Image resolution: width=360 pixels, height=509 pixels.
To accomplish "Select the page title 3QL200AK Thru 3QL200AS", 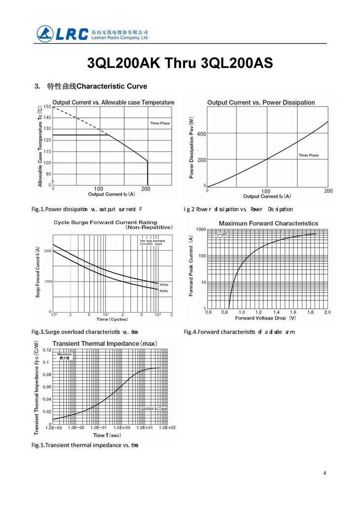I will pyautogui.click(x=180, y=64).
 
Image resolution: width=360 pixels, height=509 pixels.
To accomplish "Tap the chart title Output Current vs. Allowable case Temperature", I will pyautogui.click(x=113, y=103).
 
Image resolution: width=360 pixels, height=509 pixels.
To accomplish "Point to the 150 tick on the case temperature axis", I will pyautogui.click(x=47, y=107).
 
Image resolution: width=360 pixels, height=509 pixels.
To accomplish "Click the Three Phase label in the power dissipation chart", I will pyautogui.click(x=309, y=155).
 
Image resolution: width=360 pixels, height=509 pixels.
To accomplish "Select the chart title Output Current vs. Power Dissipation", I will pyautogui.click(x=261, y=103).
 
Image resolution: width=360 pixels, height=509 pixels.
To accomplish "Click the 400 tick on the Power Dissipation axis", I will pyautogui.click(x=202, y=134).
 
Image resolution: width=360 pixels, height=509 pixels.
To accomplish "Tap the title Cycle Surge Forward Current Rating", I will pyautogui.click(x=106, y=222).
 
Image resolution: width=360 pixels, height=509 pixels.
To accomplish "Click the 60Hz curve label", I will pyautogui.click(x=164, y=285).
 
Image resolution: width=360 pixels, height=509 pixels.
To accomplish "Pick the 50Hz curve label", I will pyautogui.click(x=164, y=291).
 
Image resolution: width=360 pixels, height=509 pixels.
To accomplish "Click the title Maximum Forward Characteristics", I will pyautogui.click(x=268, y=223).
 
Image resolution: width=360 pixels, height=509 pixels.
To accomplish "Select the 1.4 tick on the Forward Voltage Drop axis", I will pyautogui.click(x=276, y=312).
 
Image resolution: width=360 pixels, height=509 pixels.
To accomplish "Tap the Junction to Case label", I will pyautogui.click(x=154, y=409).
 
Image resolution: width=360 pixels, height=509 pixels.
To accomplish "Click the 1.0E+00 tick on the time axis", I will pyautogui.click(x=121, y=428).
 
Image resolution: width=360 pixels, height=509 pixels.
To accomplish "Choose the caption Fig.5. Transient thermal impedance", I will pyautogui.click(x=85, y=445).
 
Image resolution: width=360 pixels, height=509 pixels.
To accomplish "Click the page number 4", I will pyautogui.click(x=324, y=473).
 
